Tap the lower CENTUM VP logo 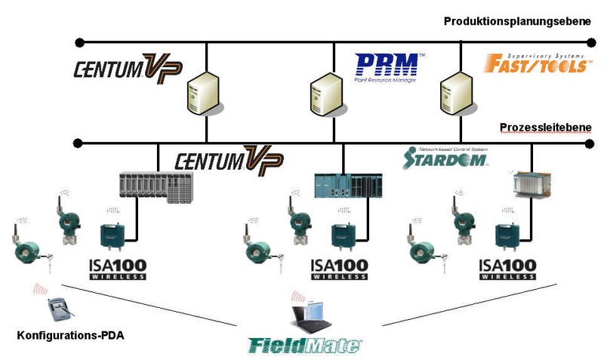click(x=230, y=160)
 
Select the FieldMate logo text click(x=306, y=344)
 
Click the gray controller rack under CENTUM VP click(x=156, y=187)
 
